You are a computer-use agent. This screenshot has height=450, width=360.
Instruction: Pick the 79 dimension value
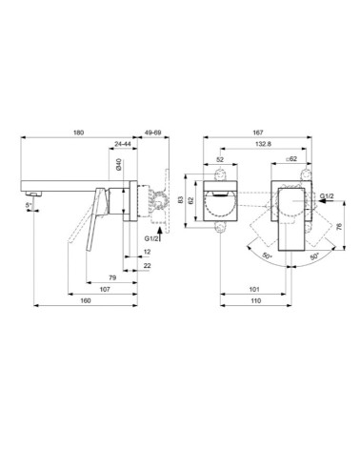tap(112, 277)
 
